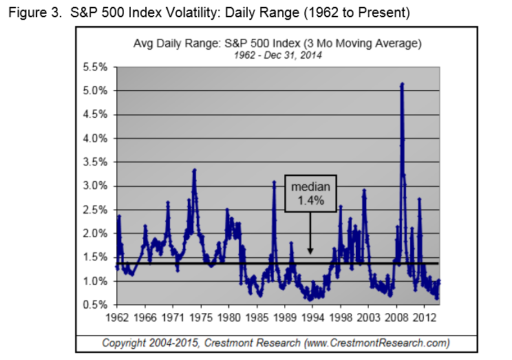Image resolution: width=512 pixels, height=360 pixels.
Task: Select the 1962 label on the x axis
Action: (x=118, y=318)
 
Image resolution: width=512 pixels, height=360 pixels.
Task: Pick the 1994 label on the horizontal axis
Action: (x=314, y=318)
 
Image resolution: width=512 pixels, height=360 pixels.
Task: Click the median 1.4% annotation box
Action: (x=310, y=193)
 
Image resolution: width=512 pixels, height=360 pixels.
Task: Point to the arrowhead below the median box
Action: (x=310, y=253)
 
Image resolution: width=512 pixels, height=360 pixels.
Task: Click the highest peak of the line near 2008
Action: (x=402, y=84)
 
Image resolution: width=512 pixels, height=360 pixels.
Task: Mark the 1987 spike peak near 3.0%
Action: (x=274, y=182)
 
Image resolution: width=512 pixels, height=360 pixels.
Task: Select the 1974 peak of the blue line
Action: (x=195, y=170)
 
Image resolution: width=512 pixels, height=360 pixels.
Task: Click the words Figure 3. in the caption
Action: (x=32, y=13)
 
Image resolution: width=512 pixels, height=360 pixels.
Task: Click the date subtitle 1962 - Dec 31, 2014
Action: (x=277, y=54)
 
